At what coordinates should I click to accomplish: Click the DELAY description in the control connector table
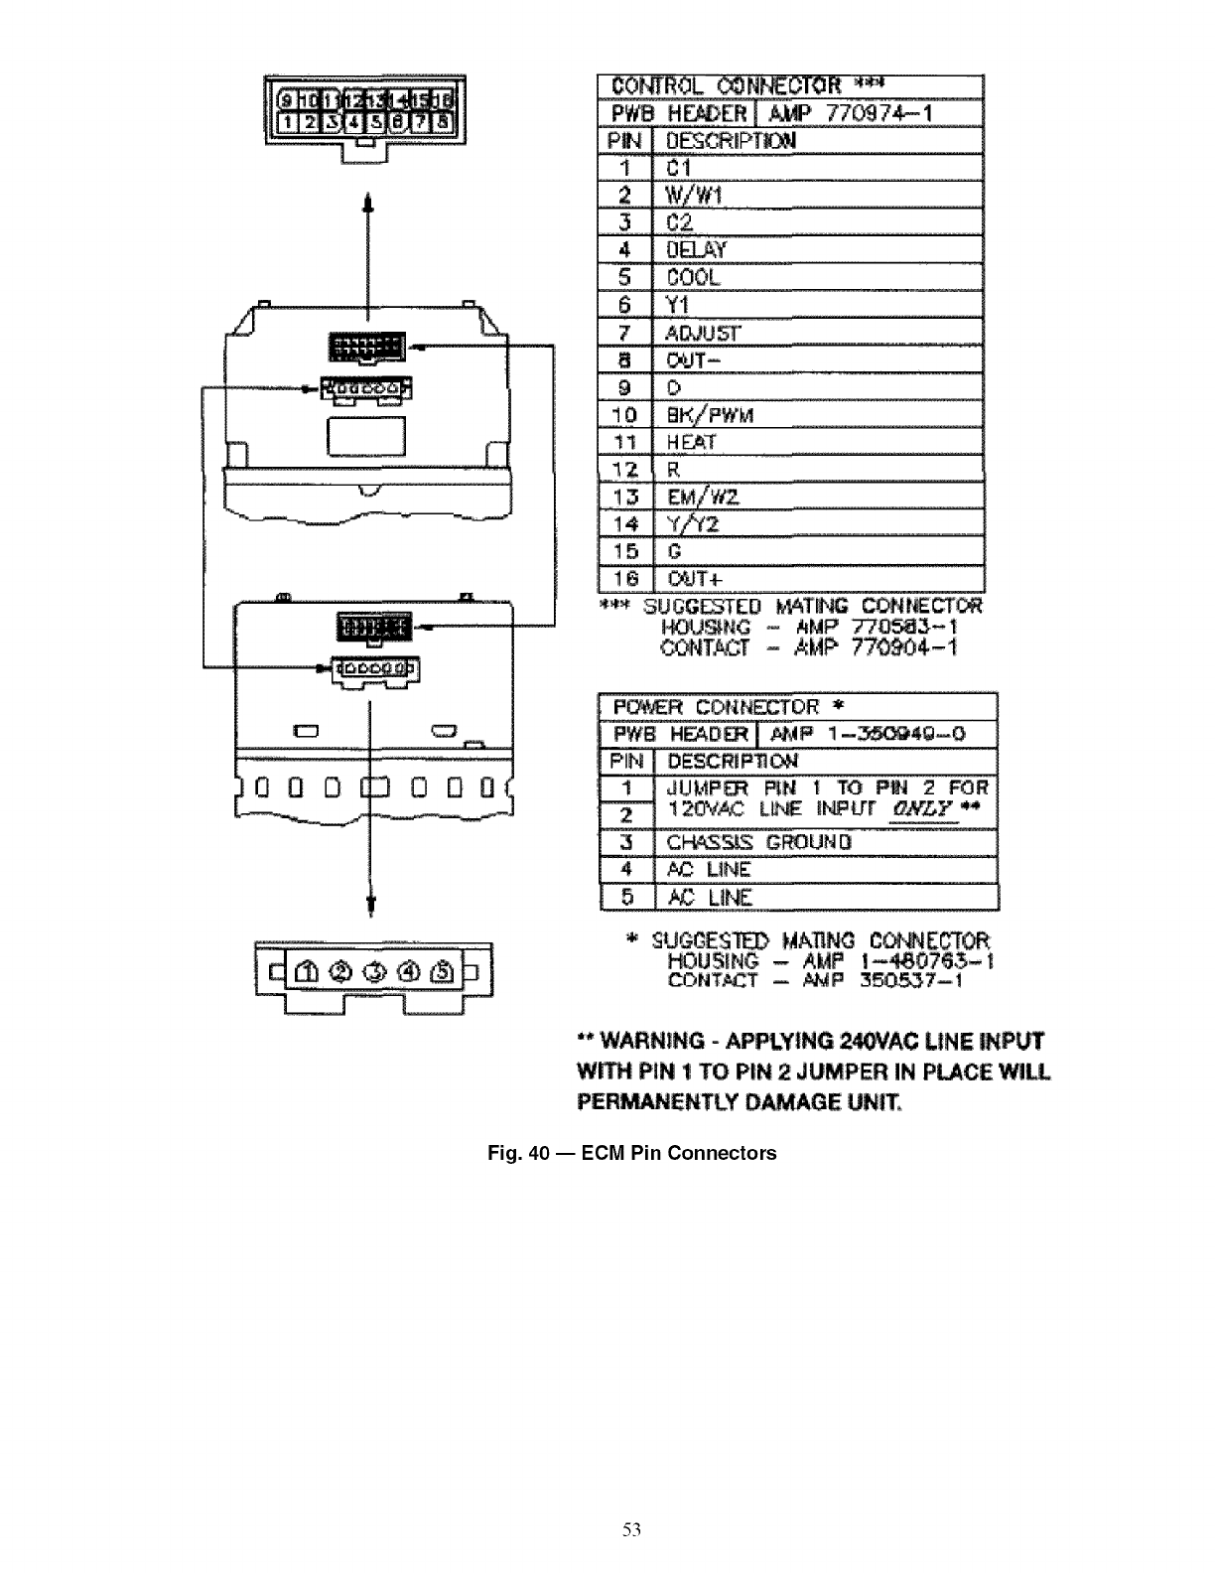[696, 249]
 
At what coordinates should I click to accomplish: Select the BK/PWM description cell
[710, 415]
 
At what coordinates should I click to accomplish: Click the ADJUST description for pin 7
[703, 333]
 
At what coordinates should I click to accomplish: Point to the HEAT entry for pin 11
[691, 442]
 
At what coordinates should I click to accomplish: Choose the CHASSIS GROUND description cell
[758, 842]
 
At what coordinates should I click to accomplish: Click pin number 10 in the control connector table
[624, 415]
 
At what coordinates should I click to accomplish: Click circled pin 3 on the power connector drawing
[375, 970]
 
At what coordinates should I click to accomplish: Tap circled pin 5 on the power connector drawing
[443, 970]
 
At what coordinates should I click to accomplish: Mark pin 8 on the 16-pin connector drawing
[443, 122]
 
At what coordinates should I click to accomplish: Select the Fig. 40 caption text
[631, 1153]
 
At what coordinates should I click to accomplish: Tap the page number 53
[631, 1530]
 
